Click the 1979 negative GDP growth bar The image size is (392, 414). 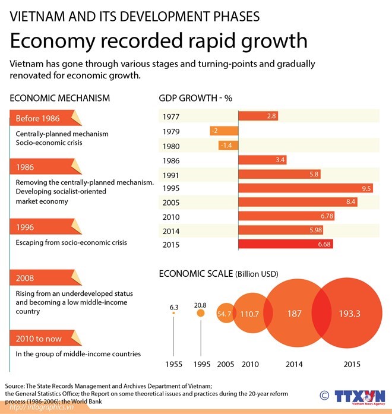[x=224, y=131]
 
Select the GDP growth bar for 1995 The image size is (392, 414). [x=306, y=188]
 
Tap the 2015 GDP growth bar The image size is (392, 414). [x=286, y=244]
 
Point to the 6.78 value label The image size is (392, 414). [x=327, y=216]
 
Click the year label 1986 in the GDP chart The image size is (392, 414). [x=171, y=160]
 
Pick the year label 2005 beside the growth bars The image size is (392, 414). [x=171, y=203]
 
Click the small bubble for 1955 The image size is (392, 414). [x=173, y=313]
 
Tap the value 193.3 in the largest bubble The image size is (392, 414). [x=349, y=314]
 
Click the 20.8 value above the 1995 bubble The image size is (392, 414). [x=200, y=305]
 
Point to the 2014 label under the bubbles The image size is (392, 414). [x=294, y=364]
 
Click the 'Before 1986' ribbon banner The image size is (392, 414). [x=46, y=118]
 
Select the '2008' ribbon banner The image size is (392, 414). [x=46, y=277]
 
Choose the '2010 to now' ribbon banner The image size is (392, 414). [x=46, y=338]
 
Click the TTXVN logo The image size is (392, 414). [x=360, y=397]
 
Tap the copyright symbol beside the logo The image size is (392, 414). [x=324, y=396]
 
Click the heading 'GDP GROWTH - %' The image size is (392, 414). [x=195, y=98]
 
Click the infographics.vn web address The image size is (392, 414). [x=42, y=407]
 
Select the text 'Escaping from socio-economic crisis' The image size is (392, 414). [x=71, y=242]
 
